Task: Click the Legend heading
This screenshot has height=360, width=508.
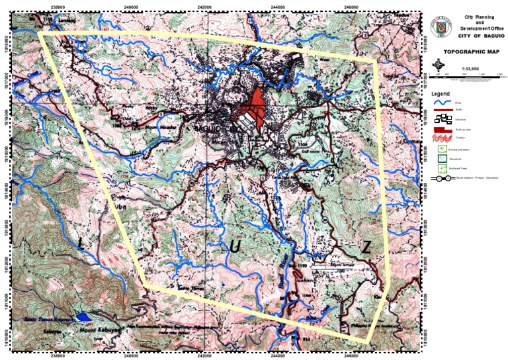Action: pos(441,95)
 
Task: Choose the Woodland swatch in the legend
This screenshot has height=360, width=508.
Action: pos(440,157)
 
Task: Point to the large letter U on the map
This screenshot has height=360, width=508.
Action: pos(235,247)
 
